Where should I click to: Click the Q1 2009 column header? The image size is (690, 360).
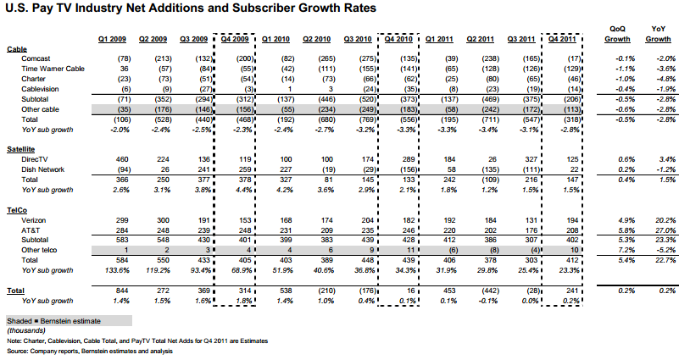(x=112, y=39)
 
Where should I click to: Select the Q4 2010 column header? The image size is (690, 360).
(x=398, y=39)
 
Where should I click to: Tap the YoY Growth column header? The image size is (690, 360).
(x=658, y=34)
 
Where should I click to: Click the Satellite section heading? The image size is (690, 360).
(x=20, y=149)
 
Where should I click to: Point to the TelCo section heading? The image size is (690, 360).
(x=17, y=211)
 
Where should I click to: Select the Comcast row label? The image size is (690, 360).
(x=36, y=58)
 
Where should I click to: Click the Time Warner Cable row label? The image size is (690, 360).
(x=53, y=69)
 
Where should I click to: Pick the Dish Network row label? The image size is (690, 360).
(x=42, y=169)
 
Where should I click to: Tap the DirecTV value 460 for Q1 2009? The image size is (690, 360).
(x=122, y=159)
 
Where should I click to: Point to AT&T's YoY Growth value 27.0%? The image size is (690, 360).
(x=665, y=230)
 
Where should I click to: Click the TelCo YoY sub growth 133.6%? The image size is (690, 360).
(x=117, y=270)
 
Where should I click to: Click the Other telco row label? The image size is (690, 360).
(x=39, y=250)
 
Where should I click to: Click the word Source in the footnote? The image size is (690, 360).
(x=17, y=352)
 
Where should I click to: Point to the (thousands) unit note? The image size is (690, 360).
(x=26, y=330)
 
